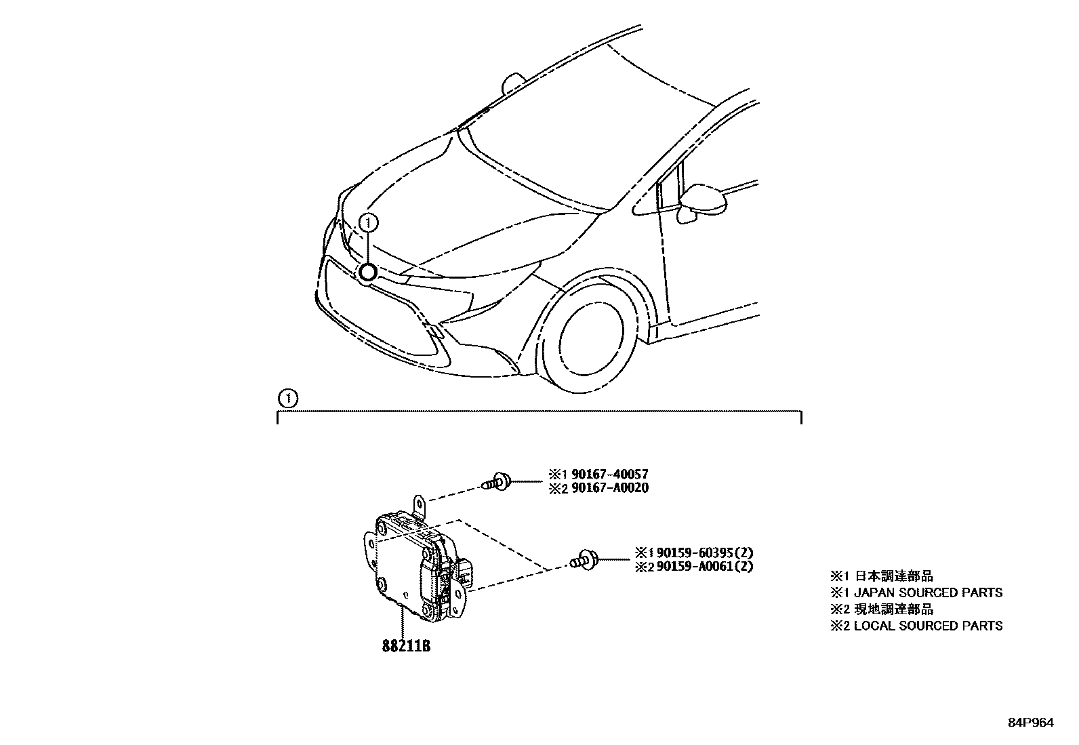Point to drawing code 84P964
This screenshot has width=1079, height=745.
[x=1030, y=723]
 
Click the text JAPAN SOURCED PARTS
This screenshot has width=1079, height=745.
[x=928, y=592]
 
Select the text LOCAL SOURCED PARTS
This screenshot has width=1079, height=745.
[x=928, y=626]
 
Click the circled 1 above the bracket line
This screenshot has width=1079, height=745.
[x=289, y=399]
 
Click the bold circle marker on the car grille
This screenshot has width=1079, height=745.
[x=367, y=273]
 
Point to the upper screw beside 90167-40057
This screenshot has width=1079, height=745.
[x=497, y=482]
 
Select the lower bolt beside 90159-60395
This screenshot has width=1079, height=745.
[x=585, y=560]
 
